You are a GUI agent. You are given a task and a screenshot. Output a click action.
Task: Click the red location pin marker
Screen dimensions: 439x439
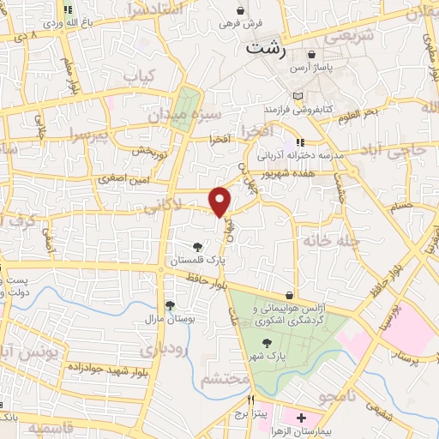(x=220, y=201)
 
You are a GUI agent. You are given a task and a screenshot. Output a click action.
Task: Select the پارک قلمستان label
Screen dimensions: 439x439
(x=197, y=259)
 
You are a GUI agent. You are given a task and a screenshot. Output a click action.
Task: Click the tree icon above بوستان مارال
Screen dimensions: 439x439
(x=170, y=304)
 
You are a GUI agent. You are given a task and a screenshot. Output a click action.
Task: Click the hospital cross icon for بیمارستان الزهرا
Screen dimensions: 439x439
(x=301, y=418)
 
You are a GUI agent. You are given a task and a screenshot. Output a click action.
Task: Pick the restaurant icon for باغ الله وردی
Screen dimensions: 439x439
(x=69, y=11)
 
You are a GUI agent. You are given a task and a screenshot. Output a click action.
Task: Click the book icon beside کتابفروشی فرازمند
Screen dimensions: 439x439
(x=298, y=96)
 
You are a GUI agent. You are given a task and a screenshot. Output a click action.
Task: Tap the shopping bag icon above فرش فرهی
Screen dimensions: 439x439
(x=242, y=11)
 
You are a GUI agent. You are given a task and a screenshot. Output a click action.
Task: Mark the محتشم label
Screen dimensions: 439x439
(x=225, y=378)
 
